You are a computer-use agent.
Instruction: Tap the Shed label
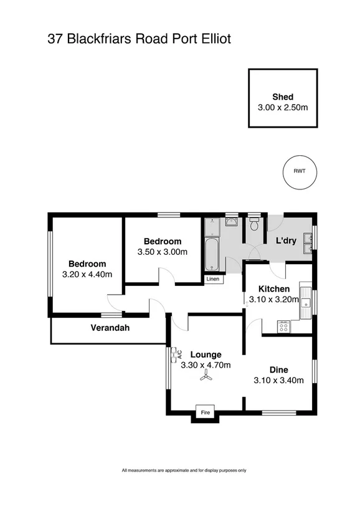click(283, 97)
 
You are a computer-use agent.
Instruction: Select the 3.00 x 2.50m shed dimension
click(283, 107)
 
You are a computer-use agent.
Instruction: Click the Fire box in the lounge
click(204, 412)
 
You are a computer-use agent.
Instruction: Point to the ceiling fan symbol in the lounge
click(206, 377)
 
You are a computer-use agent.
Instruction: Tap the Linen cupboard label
click(213, 279)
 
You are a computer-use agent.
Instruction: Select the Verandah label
click(110, 328)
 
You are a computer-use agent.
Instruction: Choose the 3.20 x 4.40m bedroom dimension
click(87, 274)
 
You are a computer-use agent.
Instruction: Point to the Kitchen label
click(274, 289)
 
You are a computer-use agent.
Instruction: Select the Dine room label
click(278, 369)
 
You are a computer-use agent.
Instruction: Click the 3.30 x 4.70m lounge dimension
click(206, 365)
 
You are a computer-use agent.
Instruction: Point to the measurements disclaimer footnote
click(184, 470)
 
